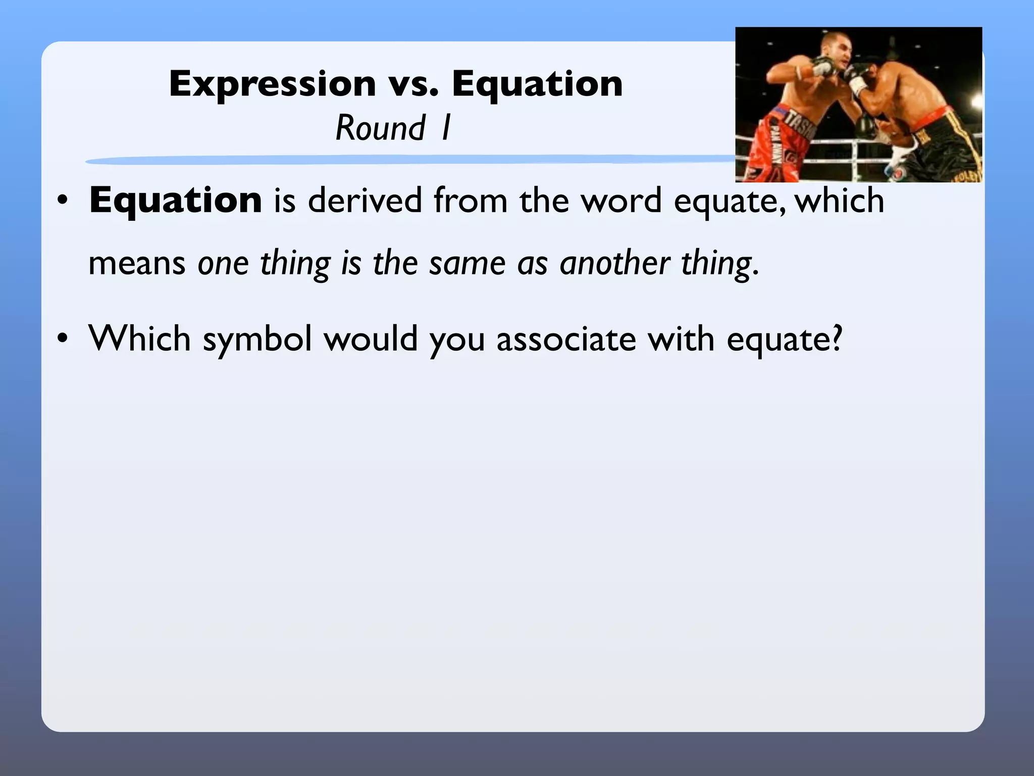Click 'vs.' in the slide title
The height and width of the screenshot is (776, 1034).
(413, 84)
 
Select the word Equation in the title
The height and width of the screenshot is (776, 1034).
(537, 84)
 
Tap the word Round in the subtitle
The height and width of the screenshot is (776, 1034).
(381, 128)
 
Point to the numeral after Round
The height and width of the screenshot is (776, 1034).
(445, 128)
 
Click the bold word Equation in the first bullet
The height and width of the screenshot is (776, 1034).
(176, 201)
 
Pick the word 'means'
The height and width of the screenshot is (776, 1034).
(137, 264)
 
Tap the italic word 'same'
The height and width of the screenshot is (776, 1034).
(467, 264)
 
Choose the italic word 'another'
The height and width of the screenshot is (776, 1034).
(614, 264)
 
